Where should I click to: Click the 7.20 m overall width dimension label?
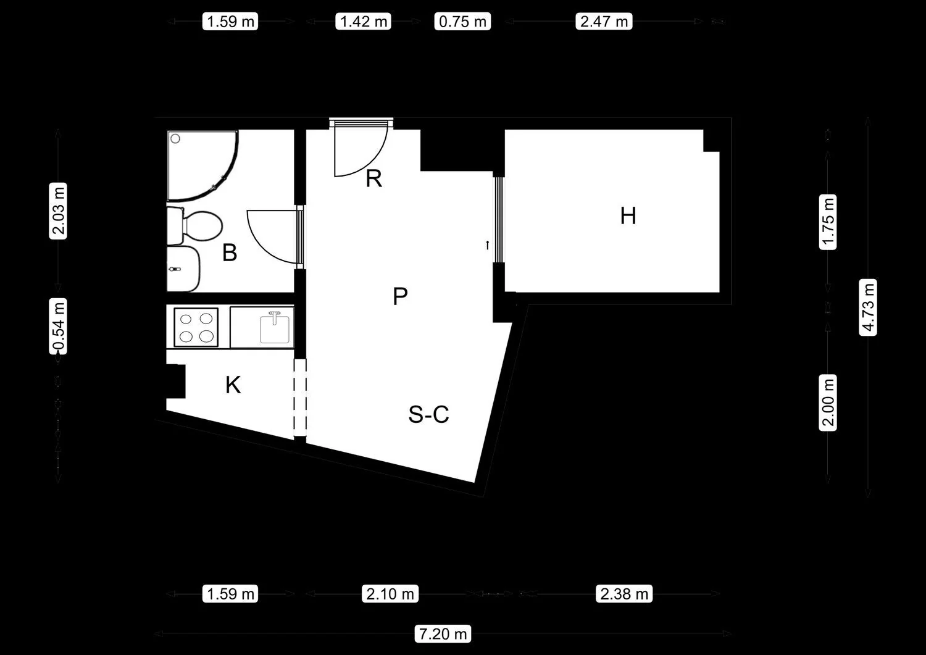443,633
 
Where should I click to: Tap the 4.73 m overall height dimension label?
868,307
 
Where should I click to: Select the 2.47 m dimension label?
604,22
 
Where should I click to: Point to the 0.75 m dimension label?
462,22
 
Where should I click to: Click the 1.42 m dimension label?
364,22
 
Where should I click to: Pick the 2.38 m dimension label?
624,594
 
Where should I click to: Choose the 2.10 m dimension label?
390,594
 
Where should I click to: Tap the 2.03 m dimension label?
58,211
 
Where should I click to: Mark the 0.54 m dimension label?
58,326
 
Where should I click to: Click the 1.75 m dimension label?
828,222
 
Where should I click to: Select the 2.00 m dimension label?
828,403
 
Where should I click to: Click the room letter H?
628,216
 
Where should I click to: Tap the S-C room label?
428,414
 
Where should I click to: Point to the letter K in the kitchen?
233,385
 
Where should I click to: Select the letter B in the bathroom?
230,252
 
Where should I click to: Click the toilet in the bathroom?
195,226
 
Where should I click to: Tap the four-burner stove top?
196,327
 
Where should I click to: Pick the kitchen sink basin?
275,329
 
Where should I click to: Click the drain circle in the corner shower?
175,139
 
